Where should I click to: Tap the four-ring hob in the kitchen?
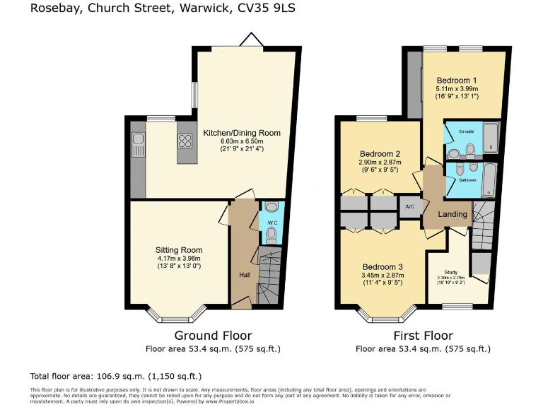(x=186, y=140)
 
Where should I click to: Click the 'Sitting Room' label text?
(x=179, y=250)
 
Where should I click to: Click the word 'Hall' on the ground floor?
(x=244, y=275)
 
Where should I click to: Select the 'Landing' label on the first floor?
(x=452, y=214)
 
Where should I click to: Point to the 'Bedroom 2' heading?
(x=380, y=154)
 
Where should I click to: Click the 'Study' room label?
(x=450, y=272)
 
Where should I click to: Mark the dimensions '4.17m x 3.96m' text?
(x=179, y=259)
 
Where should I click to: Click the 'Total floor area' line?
(x=116, y=376)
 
